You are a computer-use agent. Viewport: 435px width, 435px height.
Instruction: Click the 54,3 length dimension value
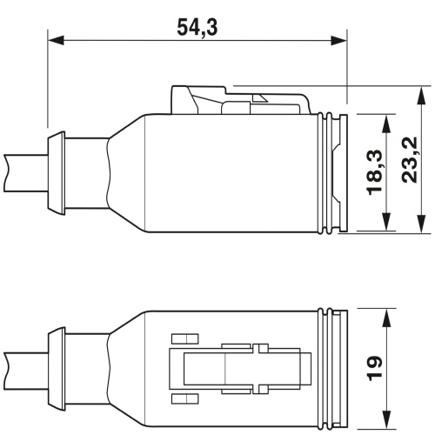click(197, 27)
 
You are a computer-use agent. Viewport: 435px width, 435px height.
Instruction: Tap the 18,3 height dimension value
click(375, 172)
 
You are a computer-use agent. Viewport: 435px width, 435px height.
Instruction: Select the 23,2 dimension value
click(410, 160)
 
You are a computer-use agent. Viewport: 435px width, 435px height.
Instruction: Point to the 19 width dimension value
click(375, 368)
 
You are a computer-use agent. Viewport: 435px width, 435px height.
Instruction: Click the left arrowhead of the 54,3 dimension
click(56, 41)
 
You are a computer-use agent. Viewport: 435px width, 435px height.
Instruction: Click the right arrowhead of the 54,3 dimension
click(339, 41)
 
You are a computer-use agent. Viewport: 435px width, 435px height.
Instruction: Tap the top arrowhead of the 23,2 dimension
click(421, 95)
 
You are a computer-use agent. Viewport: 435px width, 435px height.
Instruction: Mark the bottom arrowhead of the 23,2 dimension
click(421, 224)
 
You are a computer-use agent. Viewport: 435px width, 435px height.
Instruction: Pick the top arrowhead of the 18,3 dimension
click(386, 124)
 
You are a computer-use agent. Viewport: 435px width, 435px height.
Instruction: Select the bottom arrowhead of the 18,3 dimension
click(386, 222)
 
